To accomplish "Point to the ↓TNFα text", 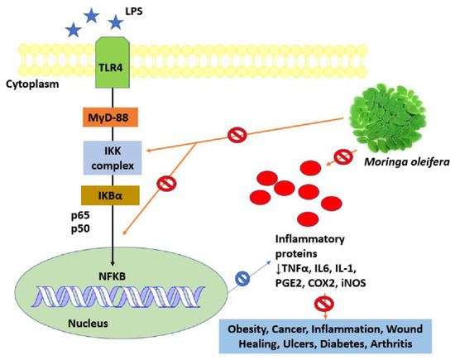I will [299, 269].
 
